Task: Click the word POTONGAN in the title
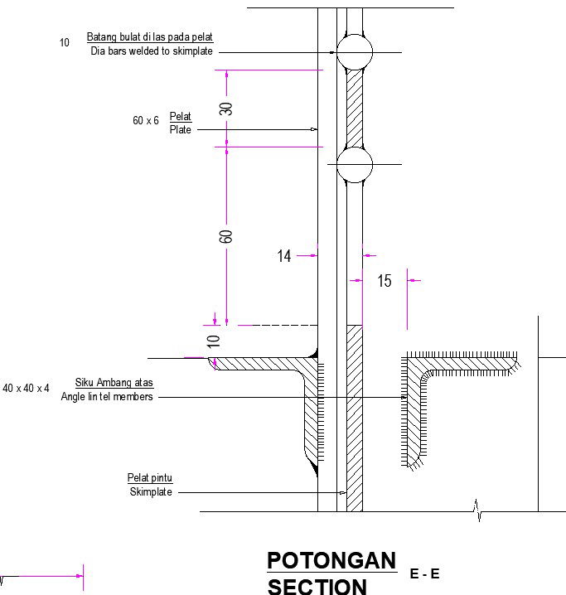pyautogui.click(x=331, y=561)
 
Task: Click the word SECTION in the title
pyautogui.click(x=317, y=587)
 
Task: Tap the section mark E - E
pyautogui.click(x=424, y=573)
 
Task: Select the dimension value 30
pyautogui.click(x=226, y=108)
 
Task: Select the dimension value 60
pyautogui.click(x=226, y=236)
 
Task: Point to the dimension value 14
pyautogui.click(x=284, y=256)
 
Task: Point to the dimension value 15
pyautogui.click(x=385, y=282)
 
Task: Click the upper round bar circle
pyautogui.click(x=355, y=51)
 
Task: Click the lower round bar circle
pyautogui.click(x=355, y=164)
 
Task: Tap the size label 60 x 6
pyautogui.click(x=145, y=121)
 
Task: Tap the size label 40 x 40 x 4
pyautogui.click(x=26, y=388)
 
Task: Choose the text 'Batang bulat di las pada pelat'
pyautogui.click(x=150, y=38)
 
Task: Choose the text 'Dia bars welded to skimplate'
pyautogui.click(x=152, y=51)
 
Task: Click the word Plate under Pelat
pyautogui.click(x=180, y=129)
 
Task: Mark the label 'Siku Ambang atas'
pyautogui.click(x=114, y=383)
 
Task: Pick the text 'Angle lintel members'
pyautogui.click(x=107, y=397)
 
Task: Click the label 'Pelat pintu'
pyautogui.click(x=149, y=478)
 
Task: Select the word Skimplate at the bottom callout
pyautogui.click(x=151, y=492)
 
